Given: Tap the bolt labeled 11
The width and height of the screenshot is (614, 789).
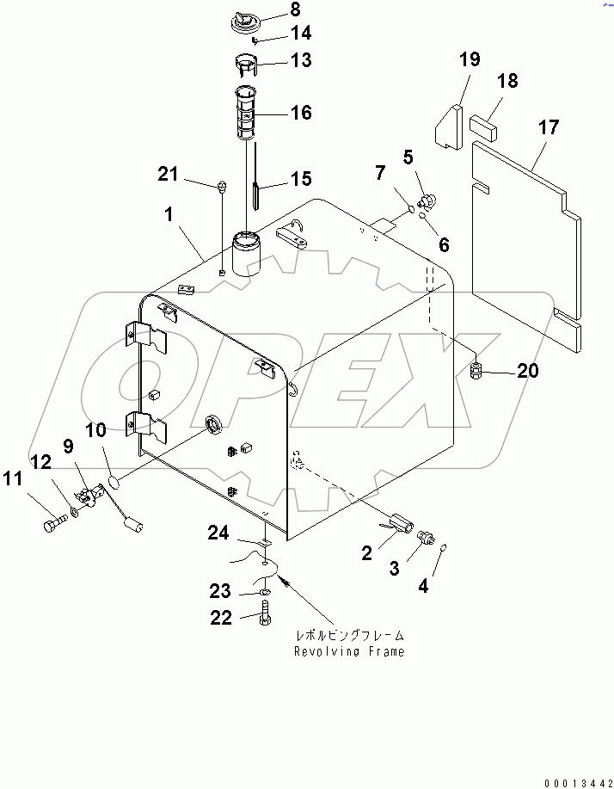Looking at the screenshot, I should (x=53, y=521).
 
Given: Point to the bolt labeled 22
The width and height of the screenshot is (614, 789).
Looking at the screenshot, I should (x=267, y=615).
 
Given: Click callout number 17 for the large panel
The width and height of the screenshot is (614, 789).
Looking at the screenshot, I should (x=548, y=127).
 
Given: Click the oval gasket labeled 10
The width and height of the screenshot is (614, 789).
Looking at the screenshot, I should (x=118, y=469).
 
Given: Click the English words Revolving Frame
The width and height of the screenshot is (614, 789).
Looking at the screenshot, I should (x=348, y=651).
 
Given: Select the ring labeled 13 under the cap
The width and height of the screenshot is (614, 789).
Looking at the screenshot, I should (x=244, y=64).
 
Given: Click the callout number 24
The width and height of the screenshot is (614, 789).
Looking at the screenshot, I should (x=218, y=535).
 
